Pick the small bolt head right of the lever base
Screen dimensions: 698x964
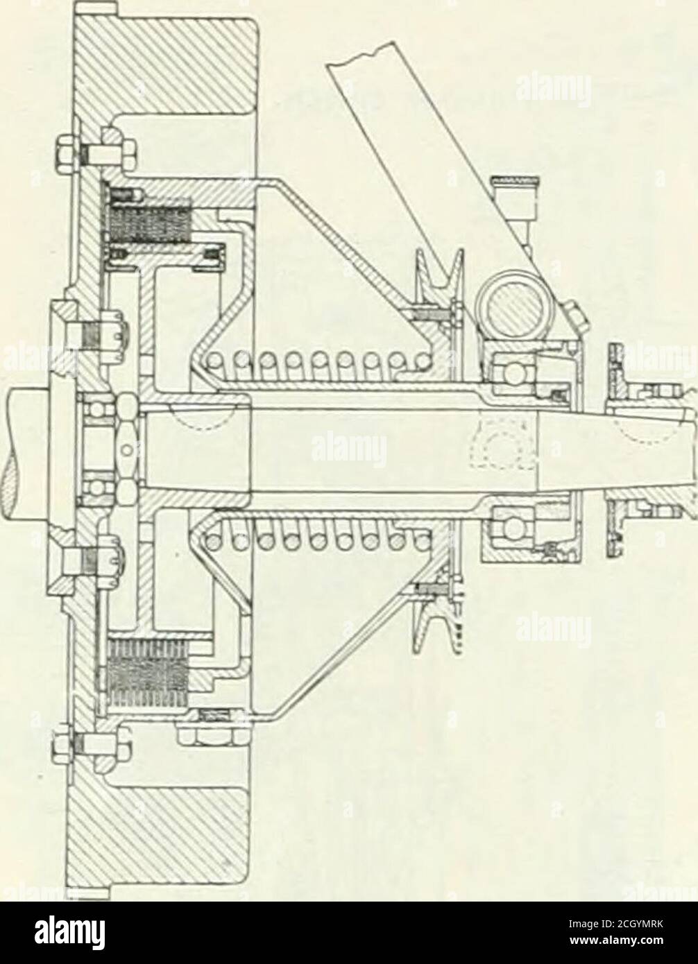577,313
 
